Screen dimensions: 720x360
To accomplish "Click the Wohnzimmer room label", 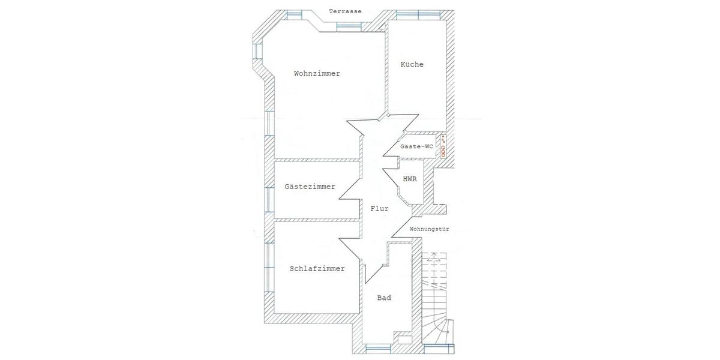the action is point(317,74).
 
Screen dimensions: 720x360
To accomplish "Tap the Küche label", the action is point(412,64).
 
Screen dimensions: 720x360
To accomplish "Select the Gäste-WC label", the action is point(416,146).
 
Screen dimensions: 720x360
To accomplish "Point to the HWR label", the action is point(410,179).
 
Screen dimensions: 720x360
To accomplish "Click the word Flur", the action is point(380,209).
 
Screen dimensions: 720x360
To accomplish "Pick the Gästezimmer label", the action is point(310,187).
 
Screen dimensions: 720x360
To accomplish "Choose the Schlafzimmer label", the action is point(317,269).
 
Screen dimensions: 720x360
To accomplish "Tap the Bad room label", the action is point(384,298).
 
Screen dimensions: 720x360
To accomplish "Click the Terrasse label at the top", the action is point(345,11).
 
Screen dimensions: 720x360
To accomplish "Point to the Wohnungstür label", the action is point(429,229).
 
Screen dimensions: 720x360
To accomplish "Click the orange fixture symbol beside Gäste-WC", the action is point(443,146).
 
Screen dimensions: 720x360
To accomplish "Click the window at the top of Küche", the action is point(418,15).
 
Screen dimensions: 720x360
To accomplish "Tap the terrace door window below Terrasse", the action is point(349,27).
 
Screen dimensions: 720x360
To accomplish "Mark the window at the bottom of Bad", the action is point(379,349).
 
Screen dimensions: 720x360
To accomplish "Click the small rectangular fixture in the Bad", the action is point(405,340).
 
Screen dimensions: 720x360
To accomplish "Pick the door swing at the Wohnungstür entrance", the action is point(402,227).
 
